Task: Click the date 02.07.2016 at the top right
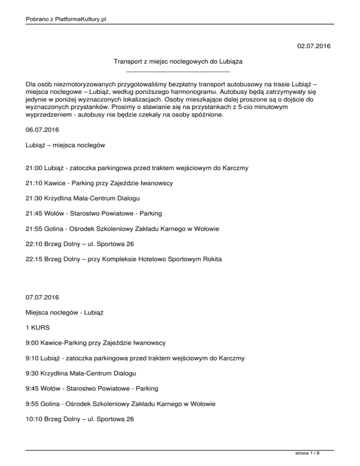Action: pos(314,46)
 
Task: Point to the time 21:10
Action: pos(34,183)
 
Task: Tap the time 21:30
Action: pos(34,197)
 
